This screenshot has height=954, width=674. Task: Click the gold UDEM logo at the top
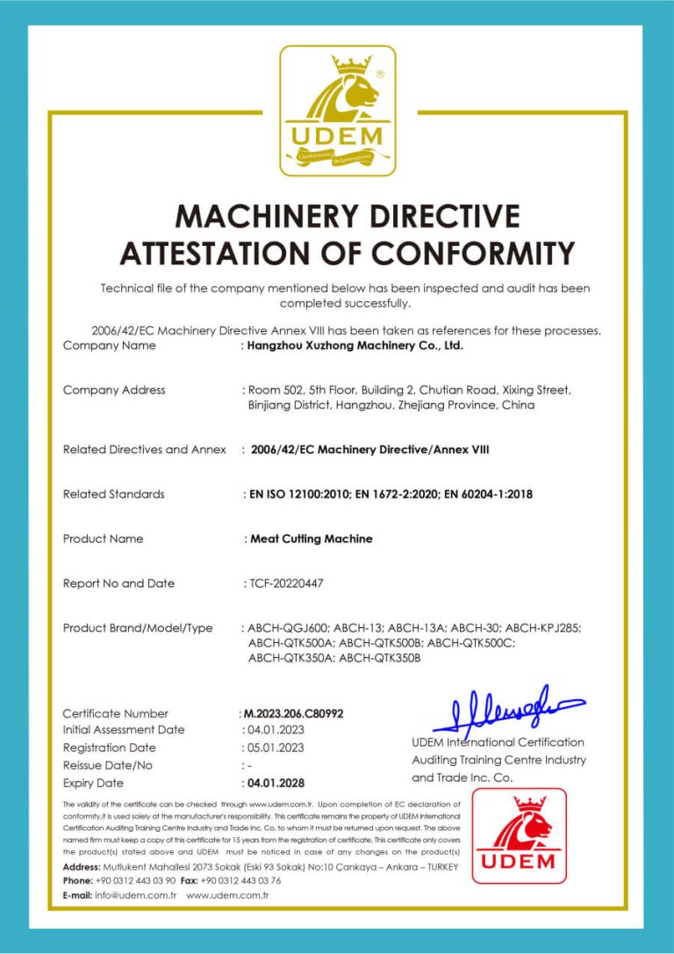tap(337, 110)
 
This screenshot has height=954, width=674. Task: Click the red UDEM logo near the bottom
tap(519, 835)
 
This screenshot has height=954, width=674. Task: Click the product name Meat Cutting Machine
tap(312, 538)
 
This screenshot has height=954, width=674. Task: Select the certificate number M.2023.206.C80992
tap(292, 713)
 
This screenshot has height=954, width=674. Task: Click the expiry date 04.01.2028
tap(276, 783)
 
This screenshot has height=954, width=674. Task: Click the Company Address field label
tap(114, 390)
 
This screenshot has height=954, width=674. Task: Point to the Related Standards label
tap(114, 494)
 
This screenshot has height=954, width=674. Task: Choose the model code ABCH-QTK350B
tap(380, 657)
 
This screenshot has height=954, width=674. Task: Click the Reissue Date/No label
tap(107, 765)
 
